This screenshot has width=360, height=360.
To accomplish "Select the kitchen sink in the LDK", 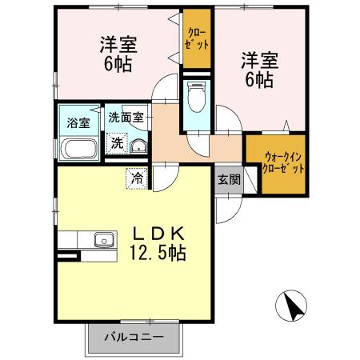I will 103,239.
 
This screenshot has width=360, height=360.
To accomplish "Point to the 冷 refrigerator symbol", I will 138,178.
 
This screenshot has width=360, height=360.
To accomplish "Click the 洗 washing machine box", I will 117,145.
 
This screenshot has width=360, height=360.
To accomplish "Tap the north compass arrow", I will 292,305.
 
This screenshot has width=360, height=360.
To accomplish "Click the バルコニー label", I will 133,337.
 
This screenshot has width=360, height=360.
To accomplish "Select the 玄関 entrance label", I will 228,179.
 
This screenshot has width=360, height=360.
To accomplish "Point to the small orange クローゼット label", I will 197,38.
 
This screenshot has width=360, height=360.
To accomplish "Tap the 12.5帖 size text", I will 158,254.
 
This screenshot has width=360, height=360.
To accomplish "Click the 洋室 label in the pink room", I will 118,44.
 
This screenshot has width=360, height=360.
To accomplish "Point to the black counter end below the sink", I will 68,256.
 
